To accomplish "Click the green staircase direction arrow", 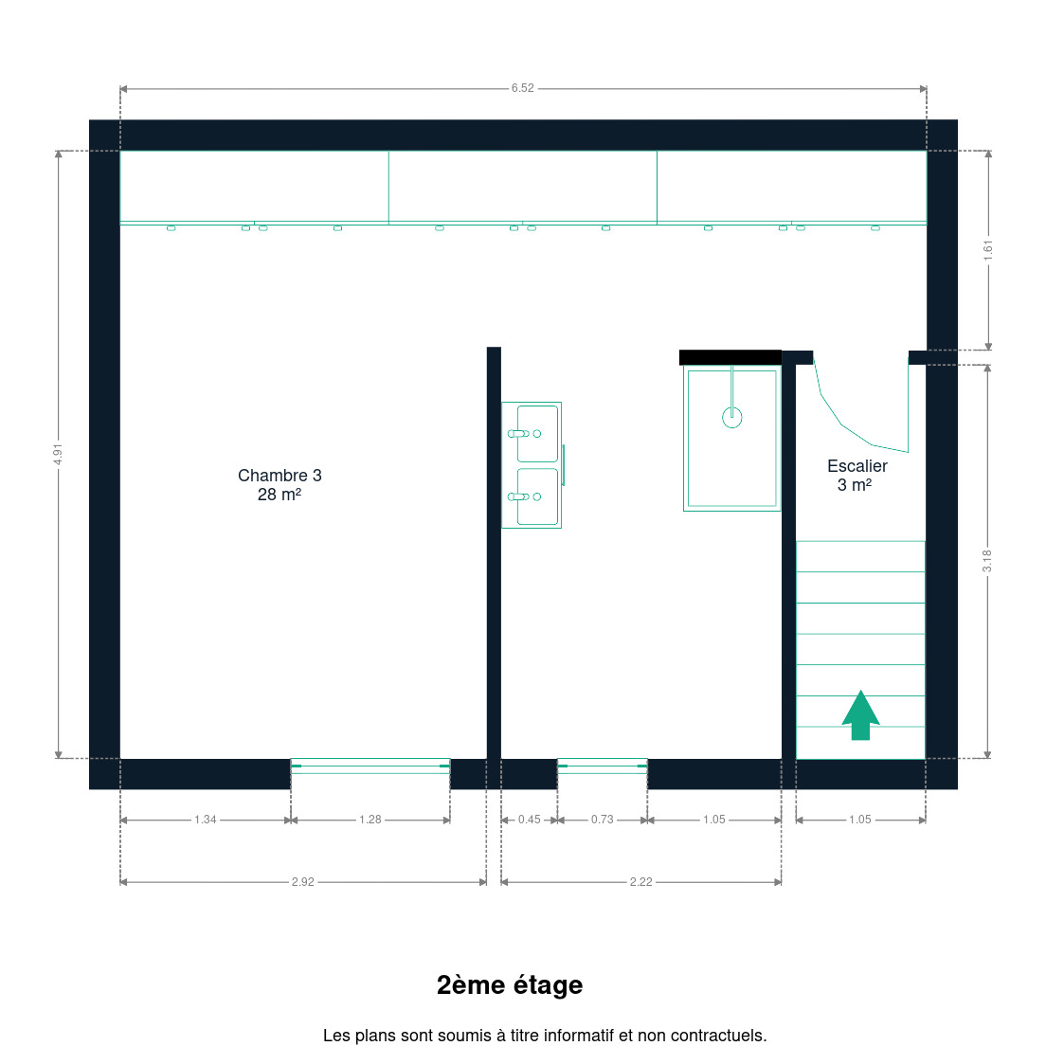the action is pos(860,715).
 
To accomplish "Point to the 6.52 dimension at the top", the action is pos(522,88).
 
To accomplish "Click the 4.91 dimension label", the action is pos(58,454).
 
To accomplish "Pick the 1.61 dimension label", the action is pos(988,250).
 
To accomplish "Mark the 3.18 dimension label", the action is pos(987,561).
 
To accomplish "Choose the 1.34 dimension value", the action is pos(206,820).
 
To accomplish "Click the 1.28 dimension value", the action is pos(370,820).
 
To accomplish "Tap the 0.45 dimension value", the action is pos(530,820).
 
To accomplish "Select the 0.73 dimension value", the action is pos(603,820).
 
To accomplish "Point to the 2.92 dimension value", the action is pos(303,882).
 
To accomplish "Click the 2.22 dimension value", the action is pos(641,882).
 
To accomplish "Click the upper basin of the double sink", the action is pos(537,434).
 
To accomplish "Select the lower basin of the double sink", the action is pos(537,496).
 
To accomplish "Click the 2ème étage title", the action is pos(510,984).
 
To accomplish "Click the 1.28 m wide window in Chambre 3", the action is pos(370,766).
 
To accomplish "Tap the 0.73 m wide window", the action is pos(603,766).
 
